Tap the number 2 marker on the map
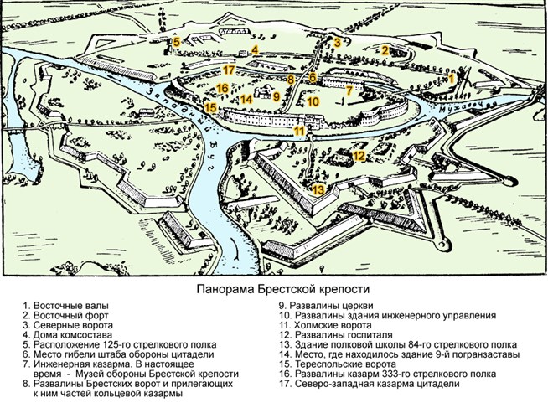385,50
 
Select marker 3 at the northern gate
337,42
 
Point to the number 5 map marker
177,42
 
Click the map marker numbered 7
349,88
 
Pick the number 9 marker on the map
276,96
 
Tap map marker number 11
298,130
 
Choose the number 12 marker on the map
358,155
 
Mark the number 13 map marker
318,190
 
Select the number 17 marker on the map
229,70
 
